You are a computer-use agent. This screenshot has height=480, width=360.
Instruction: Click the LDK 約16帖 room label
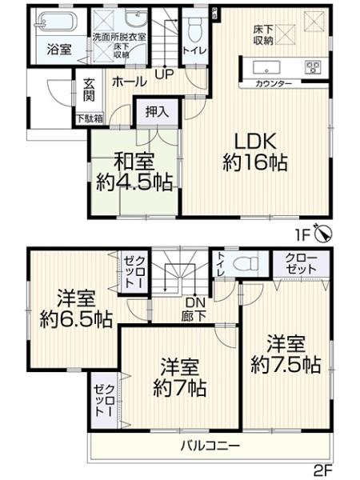pyautogui.click(x=254, y=152)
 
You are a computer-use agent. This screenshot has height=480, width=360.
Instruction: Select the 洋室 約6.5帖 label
pyautogui.click(x=75, y=311)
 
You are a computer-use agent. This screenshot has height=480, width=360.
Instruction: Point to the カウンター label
pyautogui.click(x=274, y=84)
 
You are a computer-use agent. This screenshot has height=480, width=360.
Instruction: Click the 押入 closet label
pyautogui.click(x=157, y=112)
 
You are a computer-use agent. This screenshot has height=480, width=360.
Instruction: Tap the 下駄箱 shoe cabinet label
pyautogui.click(x=89, y=119)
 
